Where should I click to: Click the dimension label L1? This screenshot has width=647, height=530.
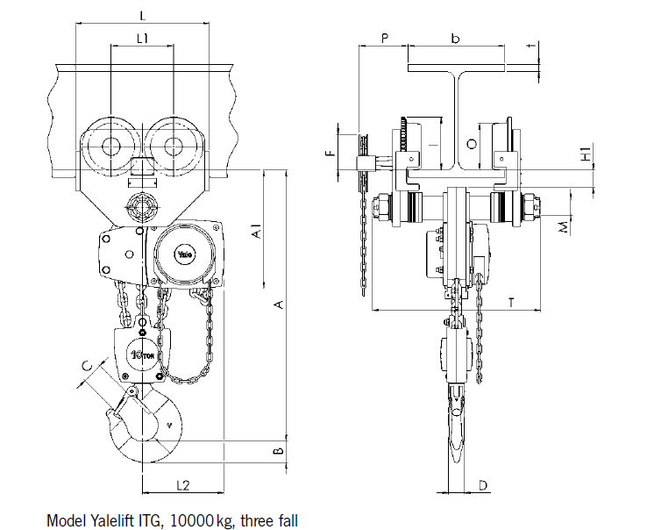point(142,38)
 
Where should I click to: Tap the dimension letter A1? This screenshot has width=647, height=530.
point(255,232)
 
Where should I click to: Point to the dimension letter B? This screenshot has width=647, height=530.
point(277,451)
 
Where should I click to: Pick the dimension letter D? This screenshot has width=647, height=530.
point(482,484)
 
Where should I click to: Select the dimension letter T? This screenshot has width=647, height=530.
point(510,302)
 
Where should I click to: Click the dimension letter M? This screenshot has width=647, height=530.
point(565,226)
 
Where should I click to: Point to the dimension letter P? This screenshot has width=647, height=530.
point(384,39)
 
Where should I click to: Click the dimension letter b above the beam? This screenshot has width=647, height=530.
point(455,38)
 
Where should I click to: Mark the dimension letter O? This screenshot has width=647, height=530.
point(472,143)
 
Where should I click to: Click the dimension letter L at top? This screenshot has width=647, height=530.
point(143,16)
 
